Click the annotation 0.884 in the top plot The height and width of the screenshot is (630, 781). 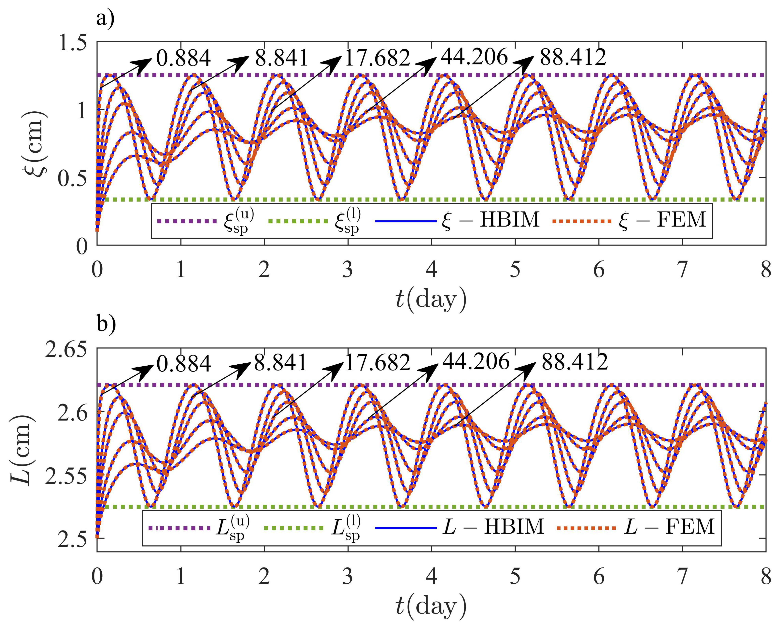coord(183,58)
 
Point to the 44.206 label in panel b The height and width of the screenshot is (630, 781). coord(476,361)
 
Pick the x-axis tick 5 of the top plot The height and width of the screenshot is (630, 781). coord(515,270)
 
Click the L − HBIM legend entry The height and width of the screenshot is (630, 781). coord(494,526)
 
